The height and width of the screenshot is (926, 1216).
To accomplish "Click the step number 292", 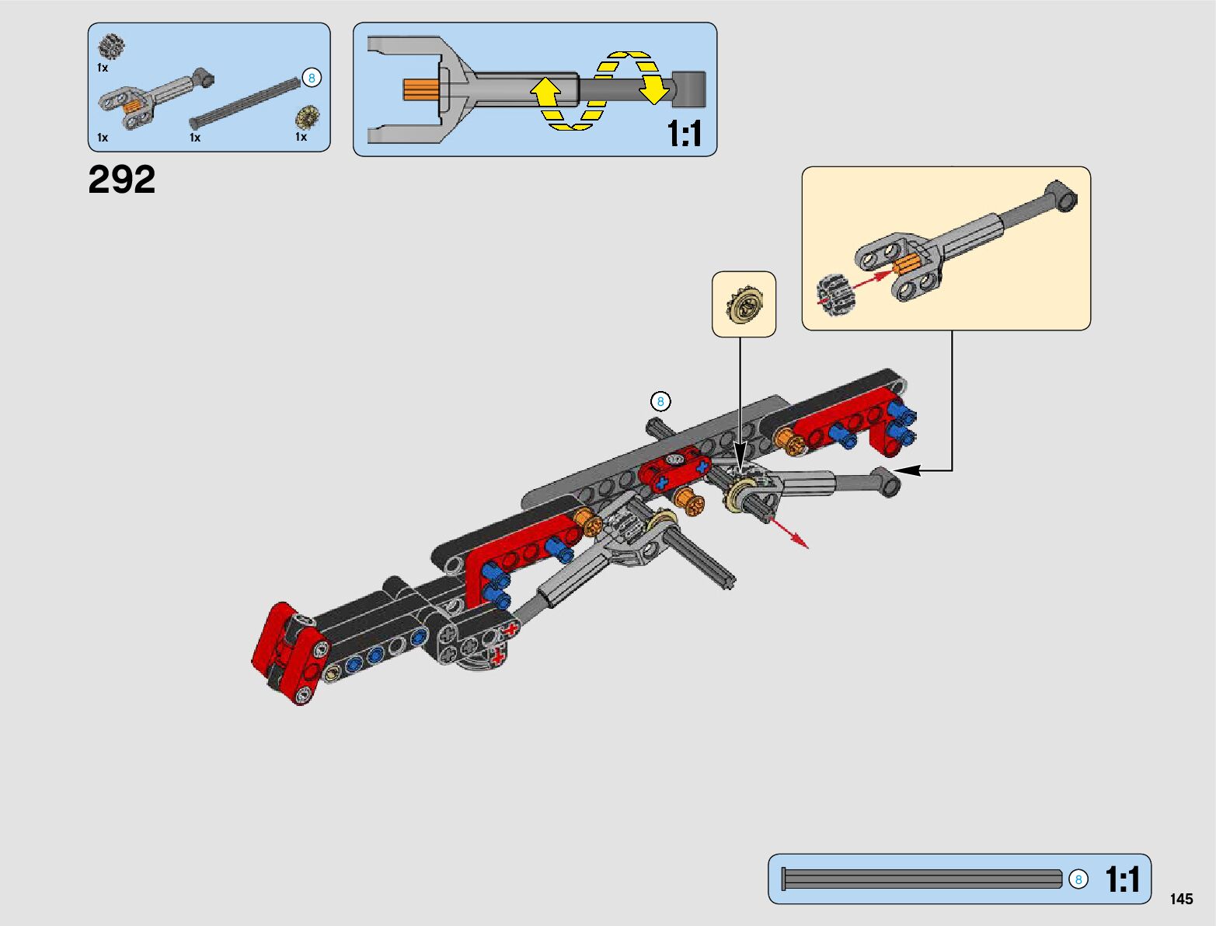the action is [x=122, y=180].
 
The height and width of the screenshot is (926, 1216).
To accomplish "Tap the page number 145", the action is [x=1180, y=899].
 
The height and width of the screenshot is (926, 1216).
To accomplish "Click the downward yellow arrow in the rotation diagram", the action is [x=654, y=87].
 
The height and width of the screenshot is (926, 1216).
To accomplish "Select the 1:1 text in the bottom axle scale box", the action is [x=1122, y=880].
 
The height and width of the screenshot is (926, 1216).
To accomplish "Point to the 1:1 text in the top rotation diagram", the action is [x=684, y=134].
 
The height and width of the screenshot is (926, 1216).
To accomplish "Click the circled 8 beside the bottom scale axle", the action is [x=1078, y=879].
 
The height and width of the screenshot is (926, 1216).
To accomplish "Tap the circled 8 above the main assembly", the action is [x=660, y=401].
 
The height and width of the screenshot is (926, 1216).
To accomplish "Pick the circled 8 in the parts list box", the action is [x=312, y=78].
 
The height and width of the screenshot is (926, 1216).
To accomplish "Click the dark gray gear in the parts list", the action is [x=112, y=47].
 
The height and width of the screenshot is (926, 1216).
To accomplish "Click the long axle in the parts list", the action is [x=245, y=100].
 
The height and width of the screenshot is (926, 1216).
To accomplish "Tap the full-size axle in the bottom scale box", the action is [x=922, y=879].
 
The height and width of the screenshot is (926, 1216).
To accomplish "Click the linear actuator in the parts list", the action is [x=155, y=95].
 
